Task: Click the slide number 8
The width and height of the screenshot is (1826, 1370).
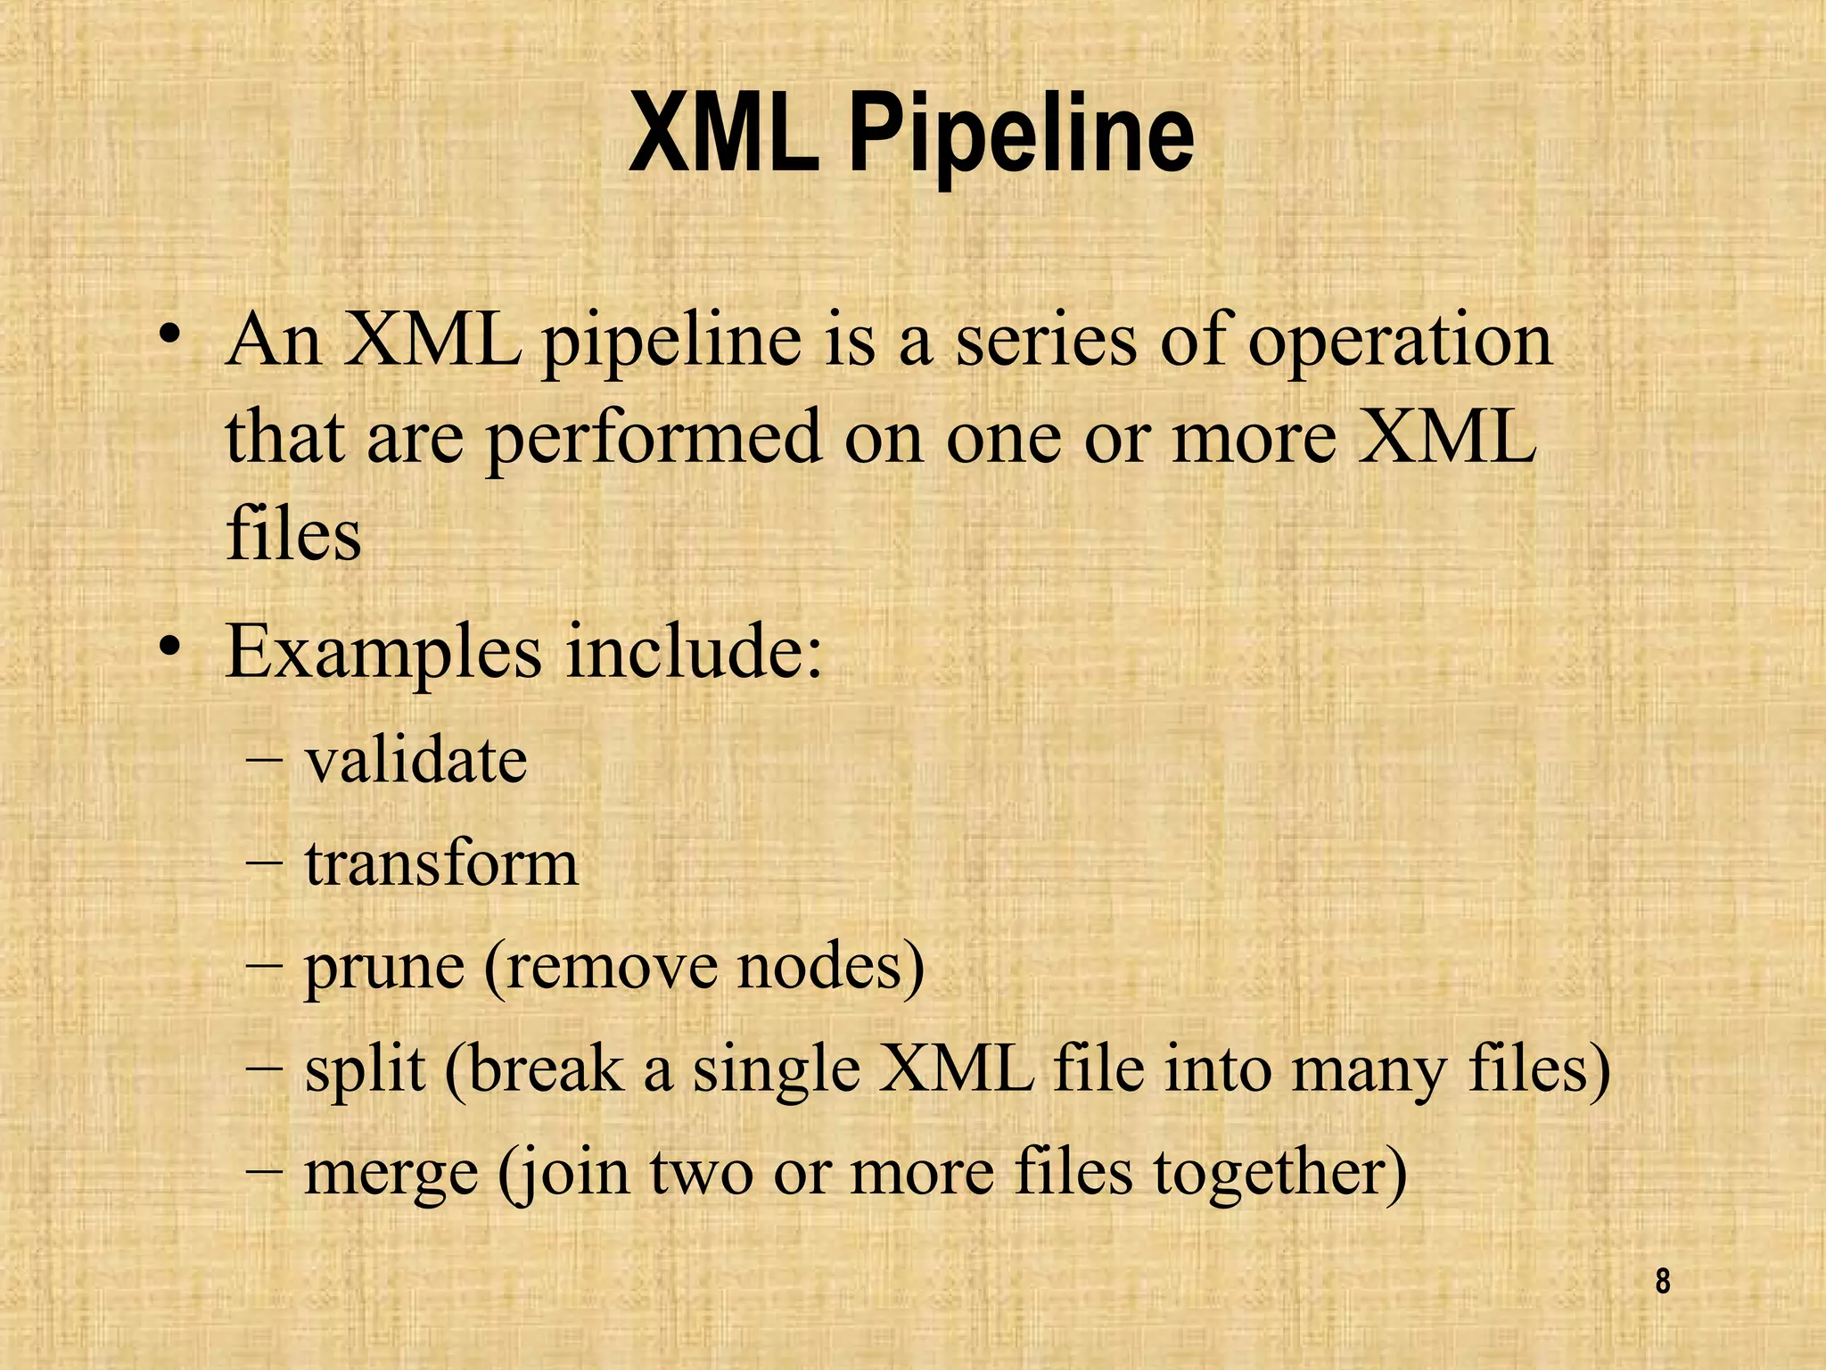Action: pyautogui.click(x=1662, y=1282)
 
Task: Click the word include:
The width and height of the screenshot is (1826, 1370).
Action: pyautogui.click(x=694, y=652)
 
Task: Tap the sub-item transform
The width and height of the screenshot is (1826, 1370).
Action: pyautogui.click(x=441, y=864)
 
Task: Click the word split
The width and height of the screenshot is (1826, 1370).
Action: pyautogui.click(x=364, y=1070)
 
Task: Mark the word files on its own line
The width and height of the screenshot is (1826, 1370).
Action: pyautogui.click(x=293, y=534)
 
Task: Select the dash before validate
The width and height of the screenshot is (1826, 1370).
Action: pyautogui.click(x=263, y=763)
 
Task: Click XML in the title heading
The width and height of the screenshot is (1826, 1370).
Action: pyautogui.click(x=723, y=136)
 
